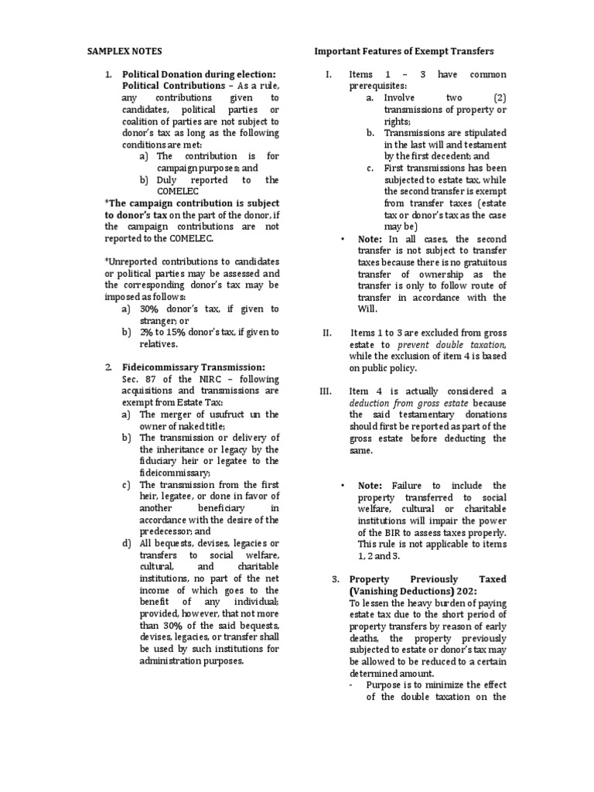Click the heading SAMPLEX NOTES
point(119,51)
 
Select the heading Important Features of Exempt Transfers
point(404,51)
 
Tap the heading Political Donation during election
point(200,74)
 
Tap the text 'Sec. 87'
point(136,378)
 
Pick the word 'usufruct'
point(220,414)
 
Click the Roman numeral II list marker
point(326,333)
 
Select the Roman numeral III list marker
point(325,391)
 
